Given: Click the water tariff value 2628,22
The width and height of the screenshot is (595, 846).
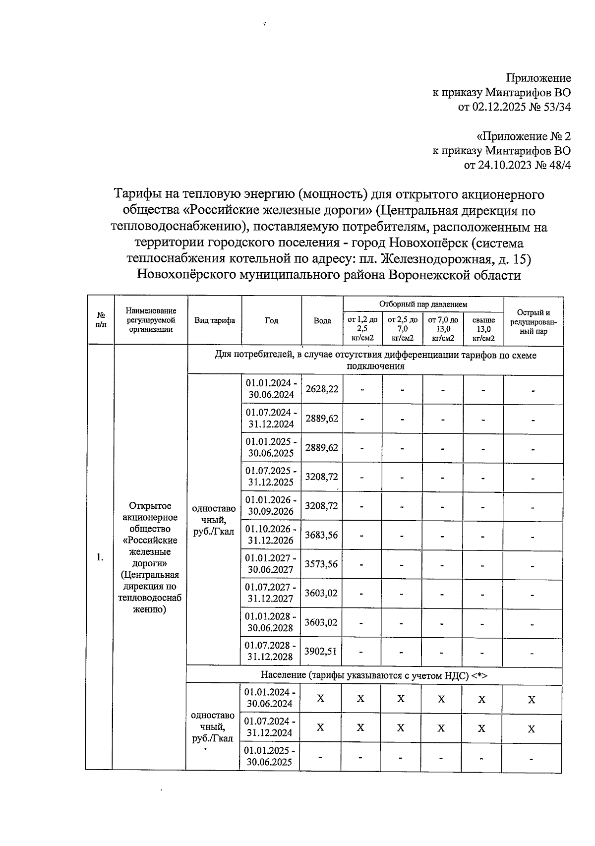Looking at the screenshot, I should [x=322, y=389].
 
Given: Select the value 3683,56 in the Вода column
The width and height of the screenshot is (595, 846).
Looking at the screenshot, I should [x=322, y=535].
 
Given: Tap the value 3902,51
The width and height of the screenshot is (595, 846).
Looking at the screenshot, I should [x=321, y=651].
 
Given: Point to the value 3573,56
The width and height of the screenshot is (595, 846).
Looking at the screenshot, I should [x=322, y=564].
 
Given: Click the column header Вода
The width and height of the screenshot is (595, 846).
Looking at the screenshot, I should [x=322, y=321].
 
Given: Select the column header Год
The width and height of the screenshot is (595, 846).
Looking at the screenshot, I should [x=271, y=321].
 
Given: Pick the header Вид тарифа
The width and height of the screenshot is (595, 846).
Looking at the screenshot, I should [x=214, y=321].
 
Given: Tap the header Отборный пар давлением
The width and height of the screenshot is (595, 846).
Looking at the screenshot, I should [x=423, y=304].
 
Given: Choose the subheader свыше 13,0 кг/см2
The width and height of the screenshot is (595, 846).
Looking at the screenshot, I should [x=483, y=329].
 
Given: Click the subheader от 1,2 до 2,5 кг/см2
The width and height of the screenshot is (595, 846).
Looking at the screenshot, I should [x=362, y=329].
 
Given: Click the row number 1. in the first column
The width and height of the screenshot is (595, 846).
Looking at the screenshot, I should [x=100, y=557].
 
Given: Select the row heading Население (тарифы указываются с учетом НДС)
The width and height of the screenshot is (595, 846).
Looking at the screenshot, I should [x=374, y=675].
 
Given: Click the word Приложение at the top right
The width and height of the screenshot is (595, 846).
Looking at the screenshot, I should [x=538, y=78].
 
